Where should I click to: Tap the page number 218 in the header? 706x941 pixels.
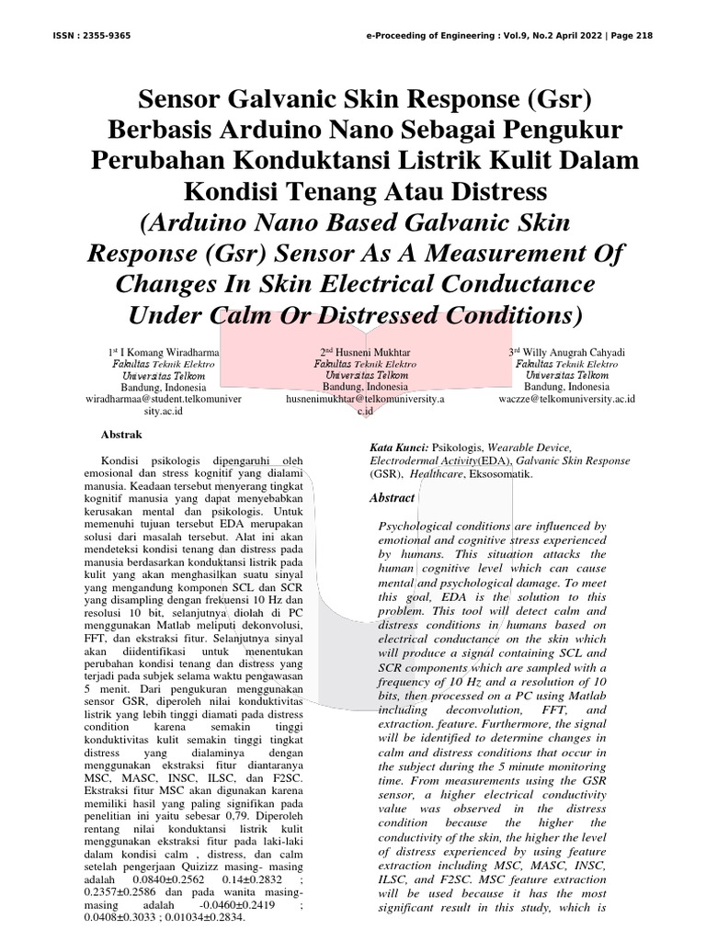[643, 36]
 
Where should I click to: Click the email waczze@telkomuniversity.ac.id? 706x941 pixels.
[567, 399]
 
